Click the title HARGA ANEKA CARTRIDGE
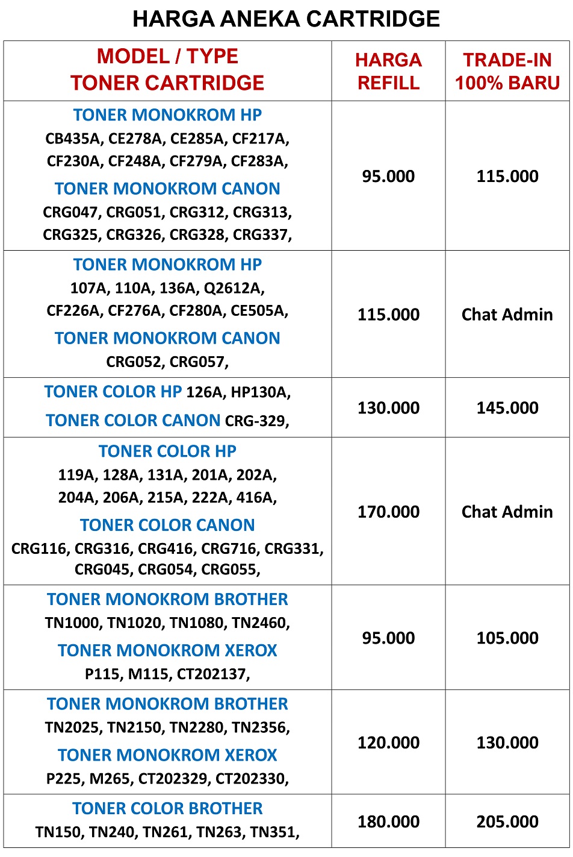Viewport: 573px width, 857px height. pos(286,19)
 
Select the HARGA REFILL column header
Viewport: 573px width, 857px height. pos(388,71)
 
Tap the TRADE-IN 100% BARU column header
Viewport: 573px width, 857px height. pos(507,71)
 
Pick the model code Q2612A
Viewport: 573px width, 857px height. pos(234,288)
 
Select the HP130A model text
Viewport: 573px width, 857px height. pos(260,393)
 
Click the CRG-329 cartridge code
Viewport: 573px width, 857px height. pos(256,421)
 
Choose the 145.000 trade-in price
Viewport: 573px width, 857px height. pos(507,408)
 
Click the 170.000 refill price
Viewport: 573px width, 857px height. pos(388,512)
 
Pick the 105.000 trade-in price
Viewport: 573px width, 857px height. pos(507,638)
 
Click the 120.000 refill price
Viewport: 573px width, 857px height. pos(388,743)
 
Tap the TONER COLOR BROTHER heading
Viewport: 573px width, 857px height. pos(167,809)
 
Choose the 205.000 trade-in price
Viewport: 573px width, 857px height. pos(507,822)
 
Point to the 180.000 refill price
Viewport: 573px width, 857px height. pos(388,822)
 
